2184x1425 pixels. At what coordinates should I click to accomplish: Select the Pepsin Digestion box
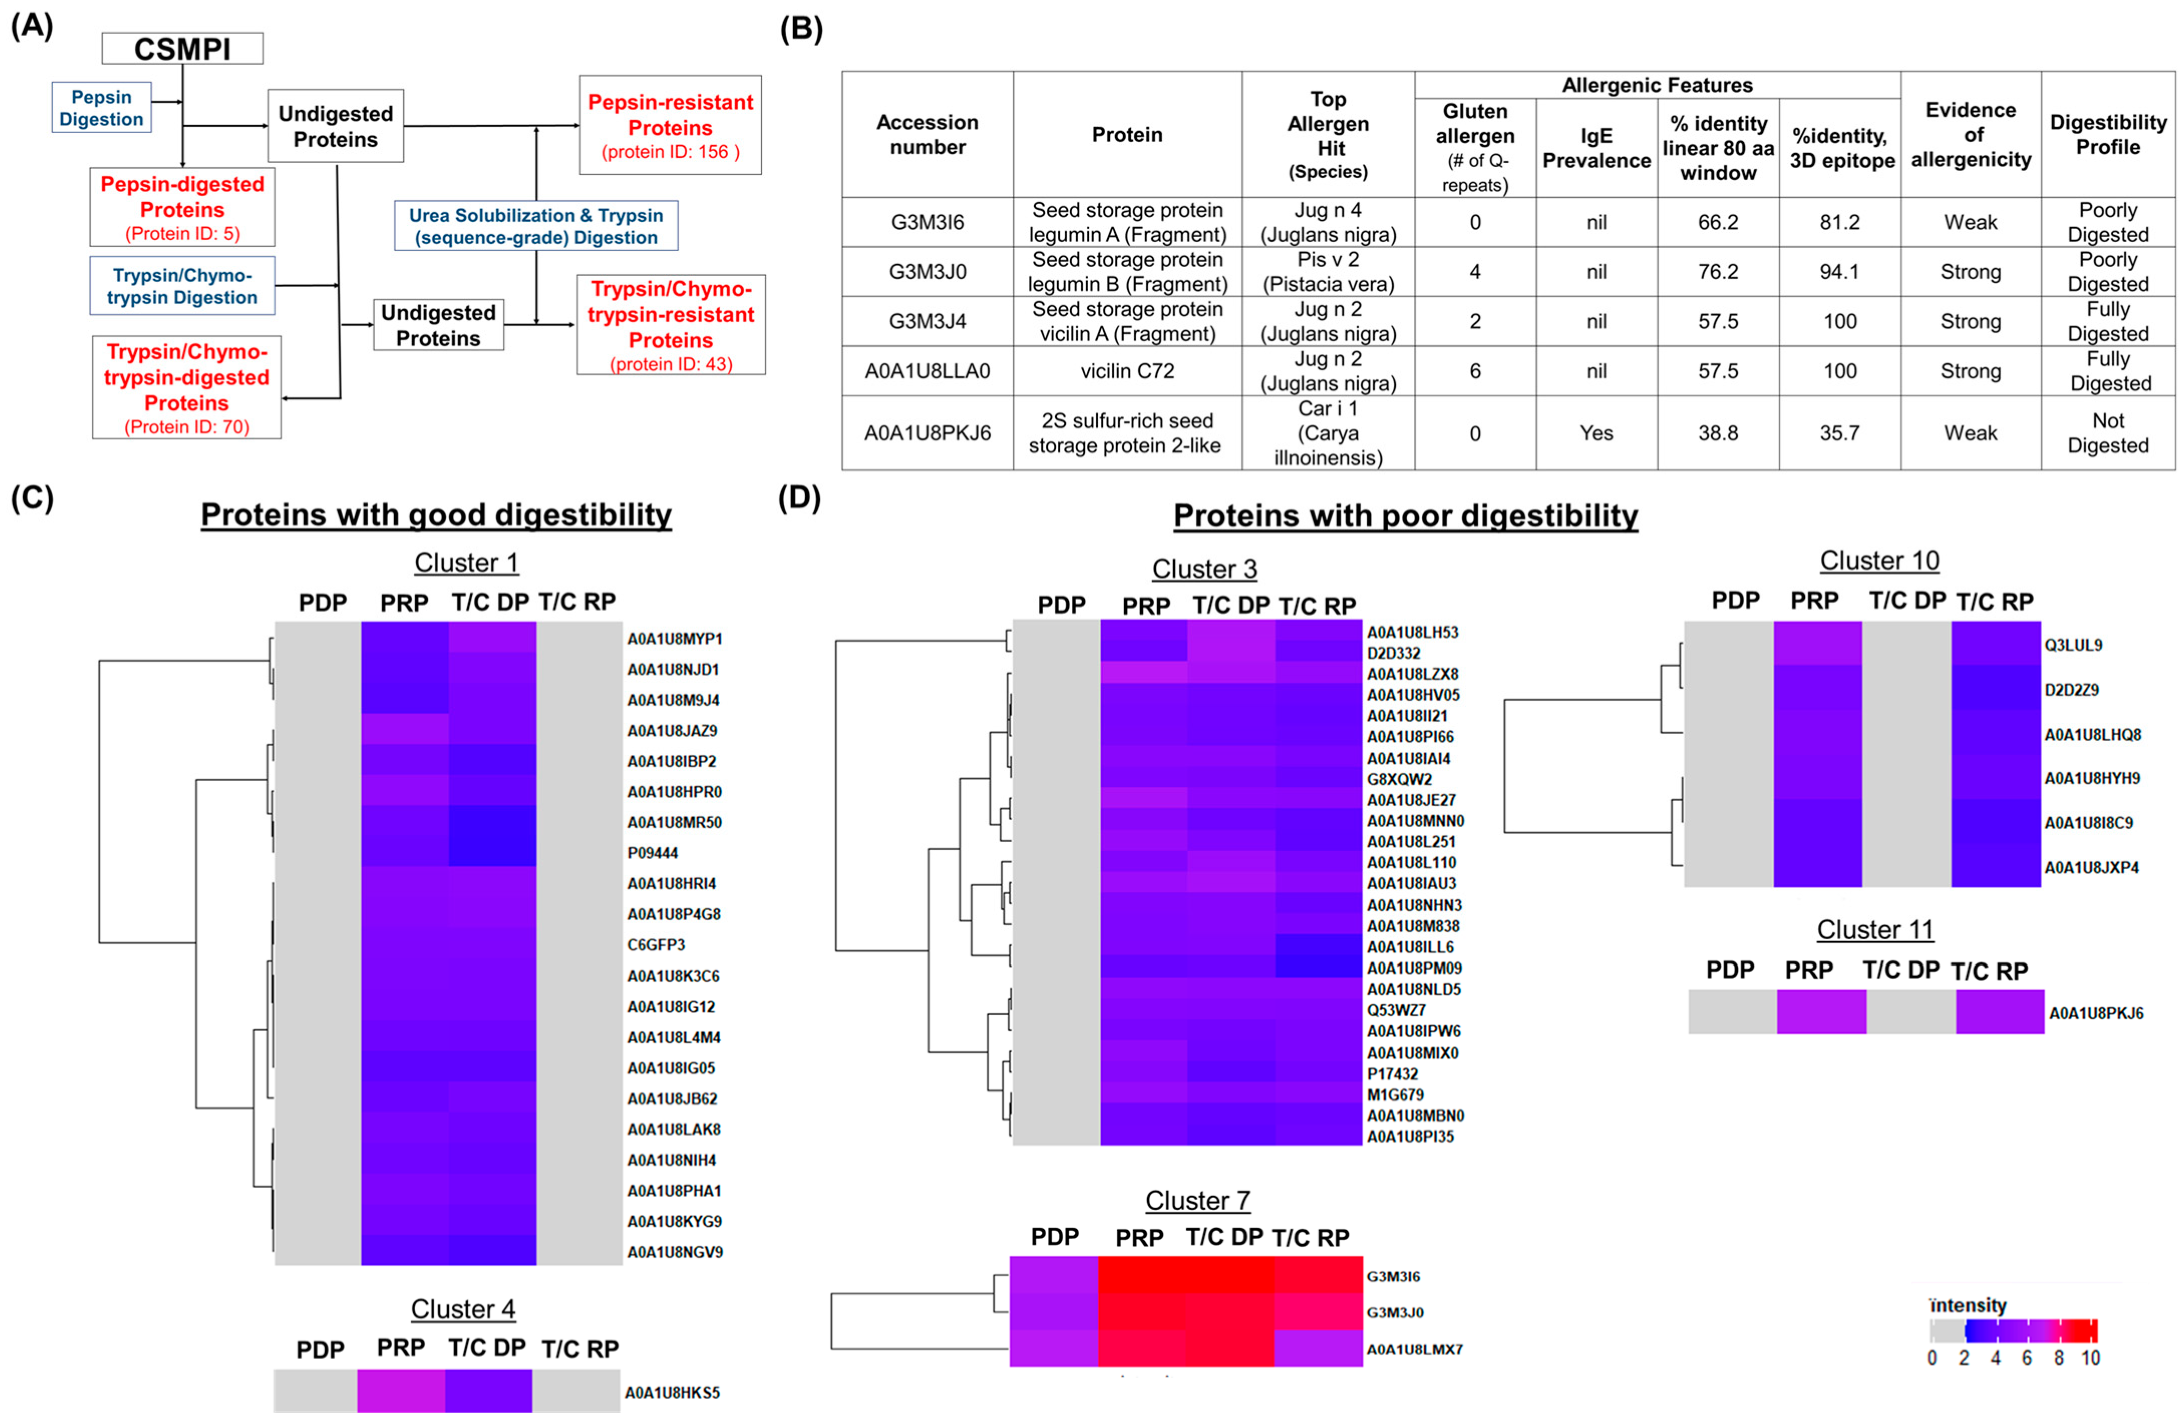pos(101,107)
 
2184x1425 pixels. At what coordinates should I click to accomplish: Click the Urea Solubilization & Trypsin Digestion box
pos(536,226)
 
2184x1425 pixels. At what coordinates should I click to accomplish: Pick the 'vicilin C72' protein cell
pos(1127,371)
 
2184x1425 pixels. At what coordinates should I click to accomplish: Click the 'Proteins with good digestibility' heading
pos(436,515)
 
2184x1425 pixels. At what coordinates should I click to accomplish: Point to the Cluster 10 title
pos(1879,561)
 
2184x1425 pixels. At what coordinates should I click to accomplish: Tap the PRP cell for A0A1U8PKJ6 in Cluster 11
pos(1821,1012)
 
